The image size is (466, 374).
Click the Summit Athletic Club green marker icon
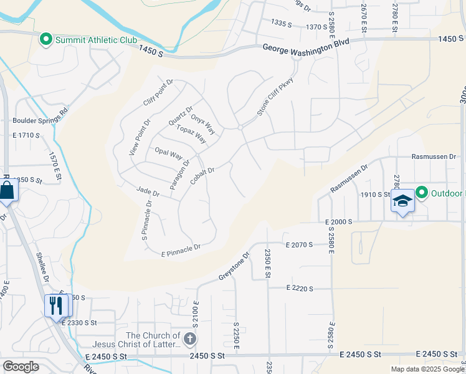pos(45,40)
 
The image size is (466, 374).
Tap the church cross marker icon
pos(190,339)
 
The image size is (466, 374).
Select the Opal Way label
pos(168,153)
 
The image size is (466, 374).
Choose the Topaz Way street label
pos(191,134)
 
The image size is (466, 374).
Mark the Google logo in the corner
pos(21,367)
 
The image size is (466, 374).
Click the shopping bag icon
pos(7,191)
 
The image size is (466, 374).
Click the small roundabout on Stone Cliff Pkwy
pos(240,128)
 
